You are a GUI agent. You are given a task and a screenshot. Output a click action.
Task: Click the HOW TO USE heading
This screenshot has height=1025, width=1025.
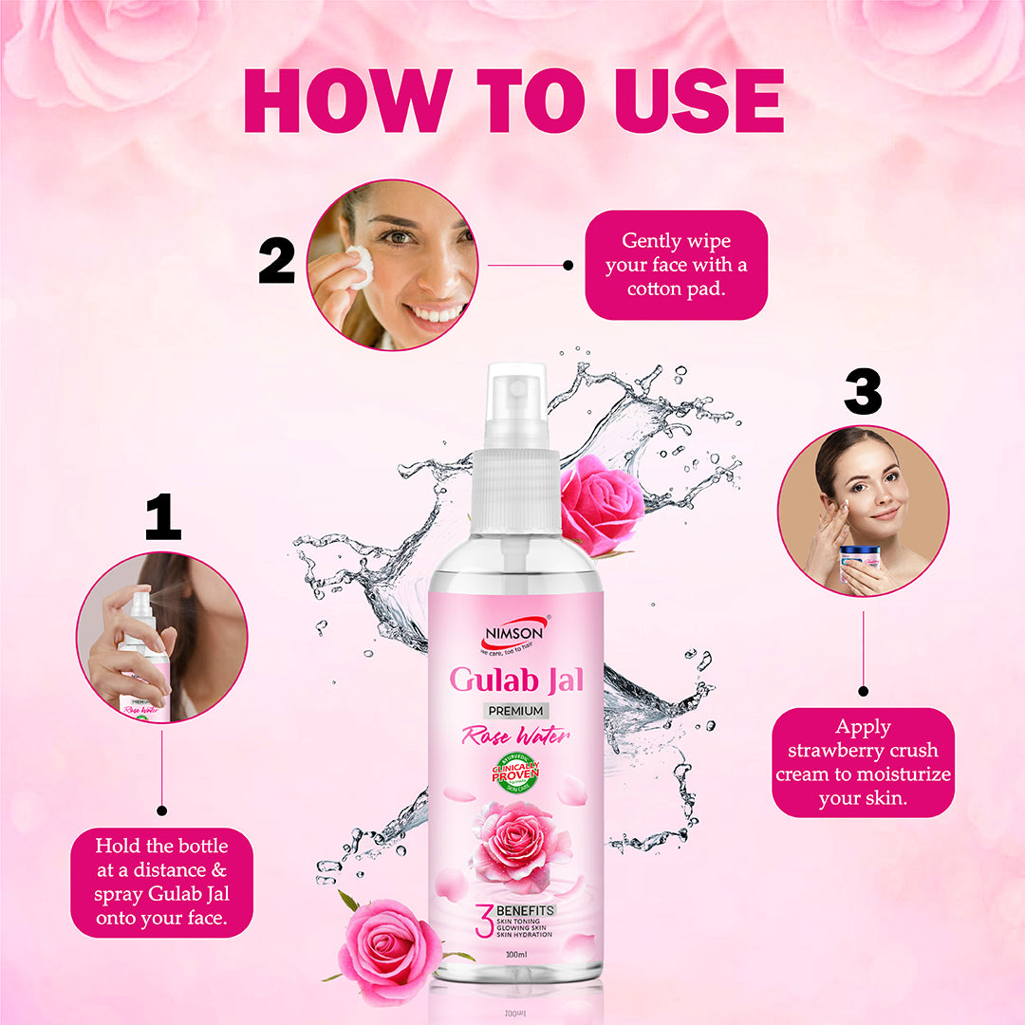coord(513,101)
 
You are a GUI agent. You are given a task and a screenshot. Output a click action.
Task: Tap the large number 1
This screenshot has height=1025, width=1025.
coord(162,518)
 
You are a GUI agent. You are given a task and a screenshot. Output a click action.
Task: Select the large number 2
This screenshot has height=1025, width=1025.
coord(276,261)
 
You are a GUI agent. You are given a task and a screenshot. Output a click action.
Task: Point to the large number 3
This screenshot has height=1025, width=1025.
coord(863,392)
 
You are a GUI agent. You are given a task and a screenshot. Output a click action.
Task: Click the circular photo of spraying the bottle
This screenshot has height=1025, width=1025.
coord(161,637)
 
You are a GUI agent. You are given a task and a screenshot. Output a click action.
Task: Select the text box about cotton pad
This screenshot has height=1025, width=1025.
coord(676,265)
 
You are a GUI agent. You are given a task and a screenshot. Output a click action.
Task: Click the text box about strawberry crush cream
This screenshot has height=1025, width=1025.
coord(863,763)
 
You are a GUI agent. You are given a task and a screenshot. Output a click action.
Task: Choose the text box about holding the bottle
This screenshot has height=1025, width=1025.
coord(162,882)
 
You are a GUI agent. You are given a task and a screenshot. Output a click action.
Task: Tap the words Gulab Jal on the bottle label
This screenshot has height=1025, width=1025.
coord(516,680)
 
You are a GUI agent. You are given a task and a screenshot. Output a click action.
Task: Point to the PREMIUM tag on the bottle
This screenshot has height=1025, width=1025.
coord(516,711)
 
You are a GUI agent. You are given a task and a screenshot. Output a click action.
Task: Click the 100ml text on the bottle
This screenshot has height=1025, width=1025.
coord(516,953)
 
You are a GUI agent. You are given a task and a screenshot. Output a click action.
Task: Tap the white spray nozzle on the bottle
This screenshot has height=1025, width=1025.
coord(515,403)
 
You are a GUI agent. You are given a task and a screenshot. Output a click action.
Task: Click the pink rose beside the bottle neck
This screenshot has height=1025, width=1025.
coord(601,504)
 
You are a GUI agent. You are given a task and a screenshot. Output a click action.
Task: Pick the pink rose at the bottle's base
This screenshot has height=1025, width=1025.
coord(389,952)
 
